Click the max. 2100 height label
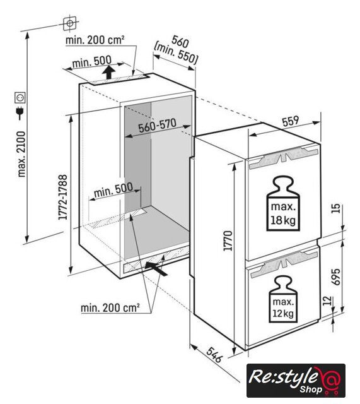pos(22,154)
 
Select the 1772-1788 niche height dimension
pos(63,197)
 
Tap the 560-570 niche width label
pos(157,126)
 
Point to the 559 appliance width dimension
pos(291,122)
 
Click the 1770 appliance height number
pos(228,241)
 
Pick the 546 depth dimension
pos(214,355)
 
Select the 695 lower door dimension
pos(335,276)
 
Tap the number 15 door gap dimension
pos(335,208)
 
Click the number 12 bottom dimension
pos(327,300)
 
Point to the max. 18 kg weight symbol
pos(283,203)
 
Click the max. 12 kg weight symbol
pos(283,299)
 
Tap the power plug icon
pos(20,113)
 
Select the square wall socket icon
pos(20,98)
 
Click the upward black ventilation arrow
pos(108,72)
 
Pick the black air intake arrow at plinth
pos(156,268)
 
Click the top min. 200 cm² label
pos(95,40)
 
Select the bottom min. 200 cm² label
pos(110,307)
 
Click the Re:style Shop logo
pos(296,380)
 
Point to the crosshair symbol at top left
pos(70,23)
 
